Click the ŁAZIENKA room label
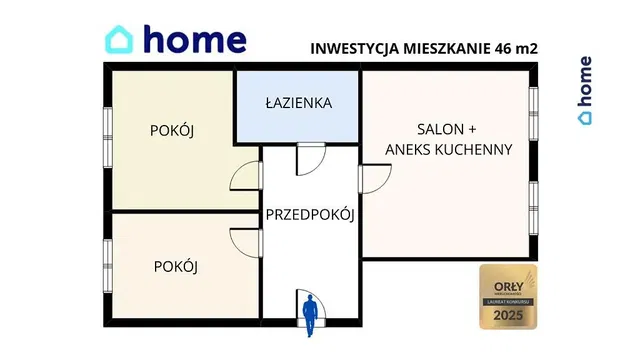(x=298, y=104)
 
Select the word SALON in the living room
(x=441, y=130)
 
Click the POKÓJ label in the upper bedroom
(x=171, y=132)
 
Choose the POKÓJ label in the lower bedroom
(x=176, y=266)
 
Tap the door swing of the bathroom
(x=311, y=158)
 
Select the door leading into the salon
(x=375, y=177)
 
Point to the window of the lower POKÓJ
(x=106, y=266)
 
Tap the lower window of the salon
(x=534, y=205)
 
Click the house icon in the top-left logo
(x=121, y=40)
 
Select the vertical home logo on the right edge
(x=585, y=91)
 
